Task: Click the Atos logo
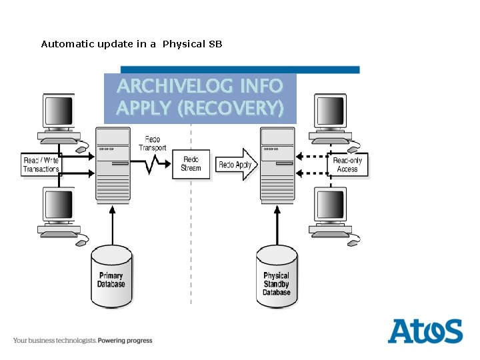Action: point(425,331)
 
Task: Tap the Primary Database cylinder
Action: point(111,277)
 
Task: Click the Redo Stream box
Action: point(191,164)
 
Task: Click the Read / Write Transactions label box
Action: point(41,165)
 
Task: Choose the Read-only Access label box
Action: point(347,165)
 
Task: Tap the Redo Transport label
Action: point(153,143)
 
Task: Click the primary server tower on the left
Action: point(112,165)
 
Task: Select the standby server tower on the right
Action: point(277,165)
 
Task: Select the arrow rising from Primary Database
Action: point(112,225)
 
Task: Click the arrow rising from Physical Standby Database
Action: point(277,225)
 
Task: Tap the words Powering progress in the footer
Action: point(125,341)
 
